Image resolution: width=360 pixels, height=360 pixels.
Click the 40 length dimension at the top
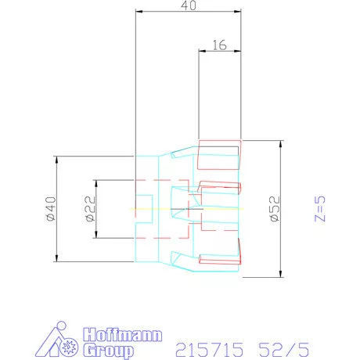(x=189, y=5)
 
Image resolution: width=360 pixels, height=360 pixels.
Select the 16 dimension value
(x=219, y=45)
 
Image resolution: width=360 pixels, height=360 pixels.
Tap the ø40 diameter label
(x=51, y=209)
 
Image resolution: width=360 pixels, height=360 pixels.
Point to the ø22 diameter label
(x=90, y=209)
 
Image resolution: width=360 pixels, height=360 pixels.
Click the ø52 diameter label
(x=275, y=209)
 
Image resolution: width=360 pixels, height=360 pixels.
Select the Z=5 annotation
(x=320, y=209)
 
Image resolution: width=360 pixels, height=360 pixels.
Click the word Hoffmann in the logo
(x=123, y=335)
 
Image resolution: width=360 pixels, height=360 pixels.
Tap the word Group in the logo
(x=109, y=351)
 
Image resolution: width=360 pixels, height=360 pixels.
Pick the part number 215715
(x=210, y=350)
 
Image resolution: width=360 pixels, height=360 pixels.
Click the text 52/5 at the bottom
(x=284, y=350)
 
